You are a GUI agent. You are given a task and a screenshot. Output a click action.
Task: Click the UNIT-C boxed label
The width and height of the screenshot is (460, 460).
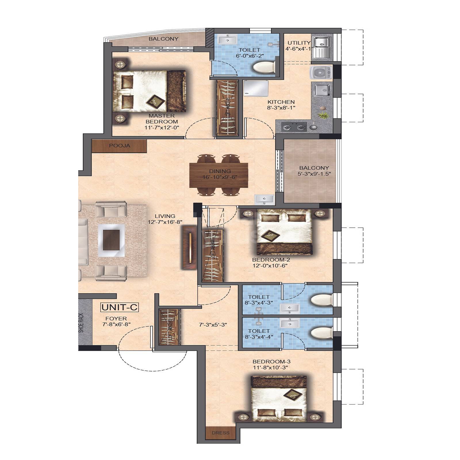pyautogui.click(x=119, y=307)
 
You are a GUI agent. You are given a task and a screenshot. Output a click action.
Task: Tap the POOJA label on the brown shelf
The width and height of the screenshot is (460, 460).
pyautogui.click(x=120, y=146)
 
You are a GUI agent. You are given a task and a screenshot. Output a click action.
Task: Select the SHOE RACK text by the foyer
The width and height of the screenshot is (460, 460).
pyautogui.click(x=82, y=323)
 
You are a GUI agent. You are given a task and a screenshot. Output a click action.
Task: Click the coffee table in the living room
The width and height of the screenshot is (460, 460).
pyautogui.click(x=112, y=241)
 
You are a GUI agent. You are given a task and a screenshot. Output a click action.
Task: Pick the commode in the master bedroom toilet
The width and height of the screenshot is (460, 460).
pyautogui.click(x=264, y=68)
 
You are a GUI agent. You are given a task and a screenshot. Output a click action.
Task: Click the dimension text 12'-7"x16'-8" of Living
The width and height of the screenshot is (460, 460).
pyautogui.click(x=165, y=222)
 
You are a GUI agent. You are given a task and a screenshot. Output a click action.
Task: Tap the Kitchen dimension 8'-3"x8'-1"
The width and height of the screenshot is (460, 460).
pyautogui.click(x=281, y=108)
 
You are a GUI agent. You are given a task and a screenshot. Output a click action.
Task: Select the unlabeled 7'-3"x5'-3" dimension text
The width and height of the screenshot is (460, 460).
pyautogui.click(x=213, y=325)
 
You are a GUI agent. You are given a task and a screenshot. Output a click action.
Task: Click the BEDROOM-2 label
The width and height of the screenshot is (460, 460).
pyautogui.click(x=271, y=260)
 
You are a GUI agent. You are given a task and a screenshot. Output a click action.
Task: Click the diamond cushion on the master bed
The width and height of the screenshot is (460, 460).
pyautogui.click(x=156, y=101)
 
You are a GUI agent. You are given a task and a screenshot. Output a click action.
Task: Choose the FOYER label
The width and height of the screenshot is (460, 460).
pyautogui.click(x=116, y=319)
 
